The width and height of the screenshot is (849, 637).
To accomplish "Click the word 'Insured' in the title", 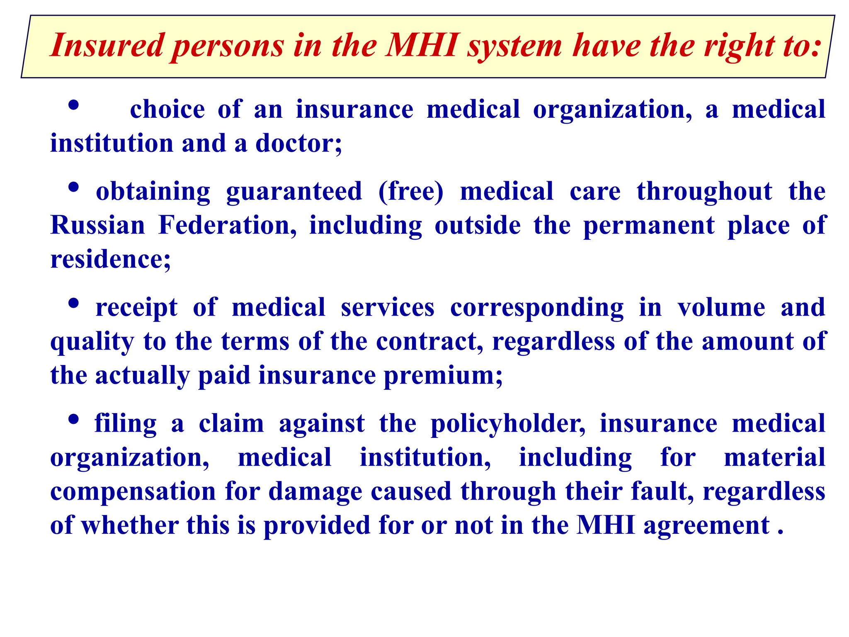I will click(107, 45).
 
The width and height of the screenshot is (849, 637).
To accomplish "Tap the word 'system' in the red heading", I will click(514, 46).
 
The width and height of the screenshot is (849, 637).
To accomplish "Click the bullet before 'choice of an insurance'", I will click(73, 105).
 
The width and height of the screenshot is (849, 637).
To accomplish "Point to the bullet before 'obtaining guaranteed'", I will click(73, 187).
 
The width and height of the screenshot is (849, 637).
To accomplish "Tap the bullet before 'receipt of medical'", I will click(73, 304).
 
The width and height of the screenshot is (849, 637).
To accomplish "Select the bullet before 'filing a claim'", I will click(73, 420).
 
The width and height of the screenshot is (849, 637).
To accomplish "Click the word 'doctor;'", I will click(298, 143).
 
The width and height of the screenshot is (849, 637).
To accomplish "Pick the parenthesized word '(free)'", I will click(410, 192).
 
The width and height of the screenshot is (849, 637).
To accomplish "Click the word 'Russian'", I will click(97, 226).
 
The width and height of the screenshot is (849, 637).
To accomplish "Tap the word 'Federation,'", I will click(228, 226).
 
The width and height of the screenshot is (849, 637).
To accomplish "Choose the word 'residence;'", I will click(110, 260).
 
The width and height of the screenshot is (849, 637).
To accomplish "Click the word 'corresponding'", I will click(536, 309).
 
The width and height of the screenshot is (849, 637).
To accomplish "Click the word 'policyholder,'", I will click(508, 425).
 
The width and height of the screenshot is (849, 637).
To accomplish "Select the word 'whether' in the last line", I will click(129, 526).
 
